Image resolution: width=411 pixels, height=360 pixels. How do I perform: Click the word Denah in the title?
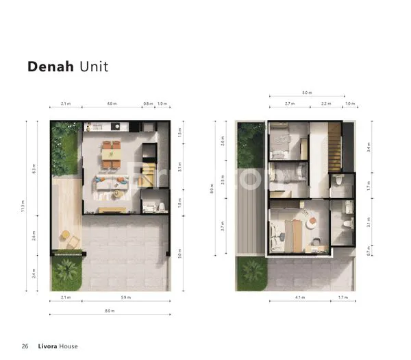click(50, 67)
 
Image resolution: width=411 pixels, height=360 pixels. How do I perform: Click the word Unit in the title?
click(93, 67)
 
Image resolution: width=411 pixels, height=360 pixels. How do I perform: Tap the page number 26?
click(25, 346)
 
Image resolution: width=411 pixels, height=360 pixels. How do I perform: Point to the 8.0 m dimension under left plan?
click(110, 311)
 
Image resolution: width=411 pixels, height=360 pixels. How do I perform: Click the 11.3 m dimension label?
click(23, 206)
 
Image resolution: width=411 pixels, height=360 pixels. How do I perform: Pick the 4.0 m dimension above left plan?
click(110, 104)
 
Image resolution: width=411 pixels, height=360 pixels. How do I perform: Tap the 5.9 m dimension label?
click(125, 298)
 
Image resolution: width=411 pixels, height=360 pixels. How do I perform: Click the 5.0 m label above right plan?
click(308, 93)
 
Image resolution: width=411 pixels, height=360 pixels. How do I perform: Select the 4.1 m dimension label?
click(299, 298)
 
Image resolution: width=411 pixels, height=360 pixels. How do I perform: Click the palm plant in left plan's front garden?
click(67, 270)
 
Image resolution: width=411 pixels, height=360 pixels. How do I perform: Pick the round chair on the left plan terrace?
click(64, 235)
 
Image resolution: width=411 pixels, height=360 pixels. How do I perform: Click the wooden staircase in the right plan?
click(334, 146)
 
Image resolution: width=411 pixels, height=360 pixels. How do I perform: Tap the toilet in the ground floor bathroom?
click(162, 206)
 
